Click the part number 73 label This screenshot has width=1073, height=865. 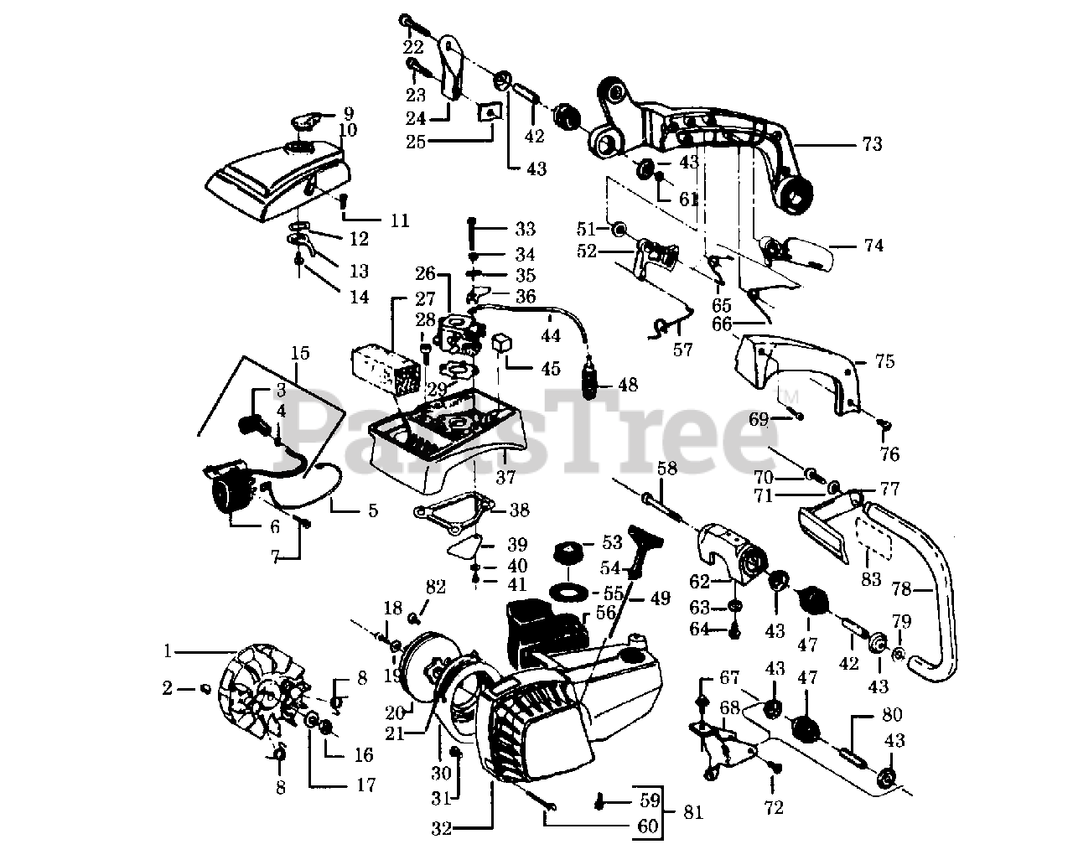[872, 144]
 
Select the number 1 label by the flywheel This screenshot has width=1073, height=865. [168, 650]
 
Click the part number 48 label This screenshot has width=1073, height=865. [627, 385]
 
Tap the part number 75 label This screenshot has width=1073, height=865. [884, 362]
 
